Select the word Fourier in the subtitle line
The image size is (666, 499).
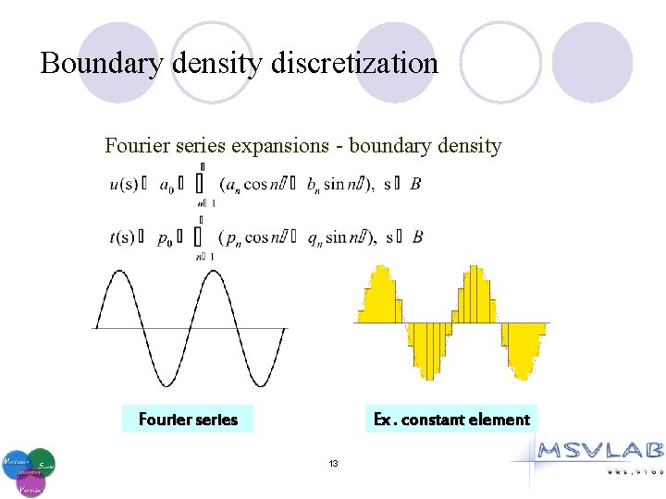[x=132, y=145]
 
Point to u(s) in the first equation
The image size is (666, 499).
[x=122, y=184]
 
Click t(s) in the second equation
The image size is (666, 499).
[x=122, y=237]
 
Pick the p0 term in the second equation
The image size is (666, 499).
[x=165, y=238]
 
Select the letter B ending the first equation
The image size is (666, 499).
[x=415, y=184]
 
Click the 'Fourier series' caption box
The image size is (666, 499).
[x=188, y=420]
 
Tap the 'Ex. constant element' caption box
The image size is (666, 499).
[x=451, y=420]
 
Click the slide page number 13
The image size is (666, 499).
[x=333, y=462]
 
